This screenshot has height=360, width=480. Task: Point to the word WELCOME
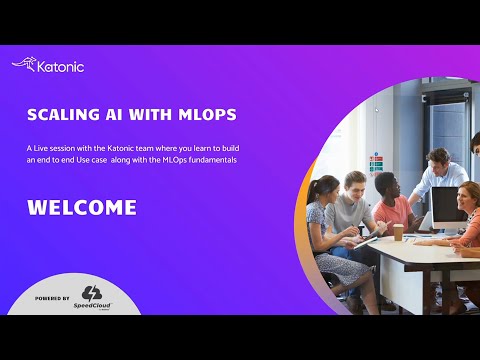click(x=81, y=208)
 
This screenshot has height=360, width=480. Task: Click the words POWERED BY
click(x=52, y=298)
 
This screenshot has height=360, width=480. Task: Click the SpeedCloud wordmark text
click(x=92, y=307)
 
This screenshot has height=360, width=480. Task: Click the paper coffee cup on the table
click(x=397, y=232)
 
